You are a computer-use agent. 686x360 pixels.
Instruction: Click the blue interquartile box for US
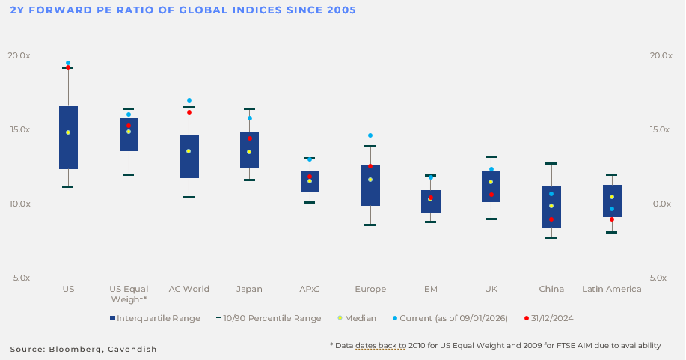[x=68, y=137]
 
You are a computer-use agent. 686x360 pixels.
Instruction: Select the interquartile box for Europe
[x=370, y=185]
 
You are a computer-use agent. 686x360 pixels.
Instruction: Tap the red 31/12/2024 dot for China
[x=551, y=219]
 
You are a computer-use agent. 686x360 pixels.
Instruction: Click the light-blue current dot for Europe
[x=370, y=135]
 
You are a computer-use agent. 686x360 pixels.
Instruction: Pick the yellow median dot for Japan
[x=249, y=152]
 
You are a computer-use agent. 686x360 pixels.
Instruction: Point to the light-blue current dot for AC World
[x=189, y=100]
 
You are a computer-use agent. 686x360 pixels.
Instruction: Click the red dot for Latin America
[x=612, y=219]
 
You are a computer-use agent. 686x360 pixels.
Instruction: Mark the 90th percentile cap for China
[x=551, y=163]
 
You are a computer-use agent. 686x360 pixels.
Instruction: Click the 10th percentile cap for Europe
[x=370, y=225]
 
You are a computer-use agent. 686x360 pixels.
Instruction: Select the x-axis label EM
[x=431, y=289]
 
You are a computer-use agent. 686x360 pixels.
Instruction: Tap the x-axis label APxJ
[x=310, y=289]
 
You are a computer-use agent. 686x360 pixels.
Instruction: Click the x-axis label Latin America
[x=612, y=289]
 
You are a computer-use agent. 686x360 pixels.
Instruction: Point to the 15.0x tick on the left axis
[x=19, y=129]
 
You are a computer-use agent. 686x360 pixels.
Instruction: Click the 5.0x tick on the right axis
[x=659, y=278]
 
